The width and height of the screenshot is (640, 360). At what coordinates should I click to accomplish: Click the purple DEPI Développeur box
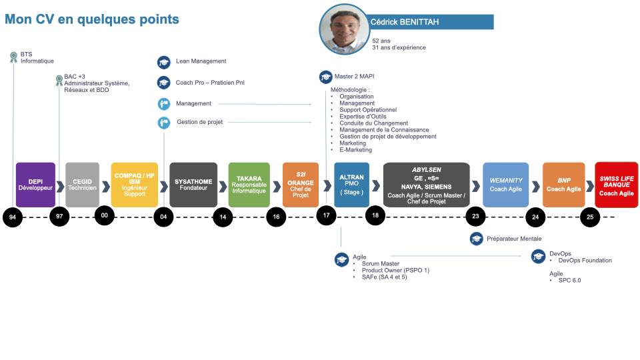(35, 184)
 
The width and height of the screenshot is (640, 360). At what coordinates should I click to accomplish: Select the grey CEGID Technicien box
(82, 184)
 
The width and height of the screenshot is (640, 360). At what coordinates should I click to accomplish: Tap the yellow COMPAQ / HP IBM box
(135, 184)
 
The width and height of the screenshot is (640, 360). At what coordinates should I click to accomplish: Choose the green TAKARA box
(249, 184)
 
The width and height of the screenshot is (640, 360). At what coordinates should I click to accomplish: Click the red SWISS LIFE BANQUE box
(616, 184)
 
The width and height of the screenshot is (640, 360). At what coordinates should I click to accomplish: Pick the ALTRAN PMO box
(351, 184)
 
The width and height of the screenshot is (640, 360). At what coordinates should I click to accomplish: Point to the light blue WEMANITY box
(505, 184)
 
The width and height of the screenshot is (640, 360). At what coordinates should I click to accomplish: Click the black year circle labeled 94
(13, 217)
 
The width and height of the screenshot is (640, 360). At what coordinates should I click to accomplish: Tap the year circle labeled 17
(326, 215)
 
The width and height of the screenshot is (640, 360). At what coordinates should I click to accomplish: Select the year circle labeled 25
(589, 217)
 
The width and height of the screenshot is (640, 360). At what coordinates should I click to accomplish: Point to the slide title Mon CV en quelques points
(92, 19)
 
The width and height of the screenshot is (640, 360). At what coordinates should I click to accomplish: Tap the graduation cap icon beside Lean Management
(164, 62)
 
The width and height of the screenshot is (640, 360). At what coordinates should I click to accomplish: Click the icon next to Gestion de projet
(164, 123)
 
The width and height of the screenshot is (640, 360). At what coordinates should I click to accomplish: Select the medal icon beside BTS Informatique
(13, 57)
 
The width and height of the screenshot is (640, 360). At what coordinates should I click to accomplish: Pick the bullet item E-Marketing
(355, 150)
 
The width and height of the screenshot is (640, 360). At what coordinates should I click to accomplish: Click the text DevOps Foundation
(585, 261)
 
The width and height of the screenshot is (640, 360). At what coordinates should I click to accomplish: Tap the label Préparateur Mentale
(514, 239)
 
